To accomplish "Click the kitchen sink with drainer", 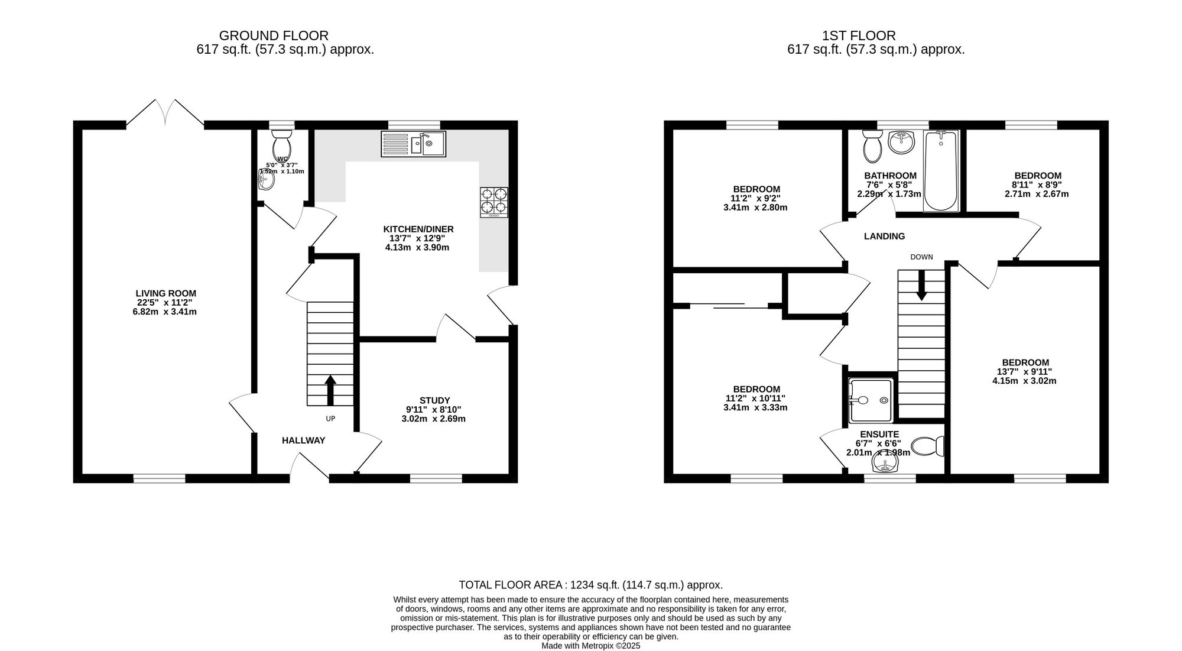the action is pos(413,144).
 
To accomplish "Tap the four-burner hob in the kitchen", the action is pos(494,202).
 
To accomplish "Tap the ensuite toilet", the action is pos(927,446).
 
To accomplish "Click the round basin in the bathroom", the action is pos(901,142).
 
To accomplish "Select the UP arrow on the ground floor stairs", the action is pos(330,390).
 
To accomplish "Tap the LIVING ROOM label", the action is pos(166,293).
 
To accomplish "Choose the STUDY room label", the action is pos(435,400).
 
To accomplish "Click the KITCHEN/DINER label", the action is pos(418,229).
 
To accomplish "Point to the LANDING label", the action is pos(885,237).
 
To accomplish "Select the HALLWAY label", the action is pos(303,441).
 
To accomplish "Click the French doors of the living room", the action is pos(165,112).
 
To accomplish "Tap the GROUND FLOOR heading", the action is pos(274,36).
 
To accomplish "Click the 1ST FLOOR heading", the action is pos(859,36).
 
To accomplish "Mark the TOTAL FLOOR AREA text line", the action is pos(591,585).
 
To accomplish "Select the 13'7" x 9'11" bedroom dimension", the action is pos(1025,372).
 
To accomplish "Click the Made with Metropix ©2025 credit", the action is pos(591,646).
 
